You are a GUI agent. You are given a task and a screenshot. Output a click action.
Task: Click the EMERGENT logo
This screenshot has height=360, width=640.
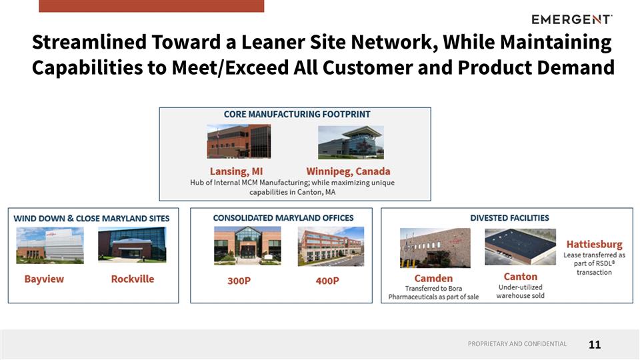[x=572, y=19]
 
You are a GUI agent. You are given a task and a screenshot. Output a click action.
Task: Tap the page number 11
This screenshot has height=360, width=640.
[x=595, y=345]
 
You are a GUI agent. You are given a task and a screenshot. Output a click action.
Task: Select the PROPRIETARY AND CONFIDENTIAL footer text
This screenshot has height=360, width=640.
[x=517, y=344]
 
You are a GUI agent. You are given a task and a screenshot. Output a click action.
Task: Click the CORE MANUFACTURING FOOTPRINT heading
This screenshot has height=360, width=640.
[x=297, y=115]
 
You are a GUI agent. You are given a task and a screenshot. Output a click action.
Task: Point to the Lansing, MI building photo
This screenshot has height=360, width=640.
[x=239, y=142]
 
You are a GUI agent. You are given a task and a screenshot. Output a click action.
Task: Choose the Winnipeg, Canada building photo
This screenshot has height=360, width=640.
[x=350, y=142]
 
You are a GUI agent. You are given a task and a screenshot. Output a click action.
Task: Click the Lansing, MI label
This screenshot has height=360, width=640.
[x=236, y=171]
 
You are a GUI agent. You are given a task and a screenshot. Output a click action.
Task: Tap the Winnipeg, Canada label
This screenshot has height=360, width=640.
[x=348, y=171]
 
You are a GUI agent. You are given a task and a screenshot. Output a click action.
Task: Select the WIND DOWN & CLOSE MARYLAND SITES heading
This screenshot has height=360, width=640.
[x=91, y=219]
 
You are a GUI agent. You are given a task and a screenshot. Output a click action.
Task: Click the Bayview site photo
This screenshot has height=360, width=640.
[x=50, y=245]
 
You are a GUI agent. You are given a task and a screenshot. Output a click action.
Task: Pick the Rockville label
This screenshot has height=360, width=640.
[x=132, y=279]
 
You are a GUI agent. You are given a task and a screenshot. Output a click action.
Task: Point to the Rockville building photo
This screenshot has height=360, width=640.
[x=132, y=245]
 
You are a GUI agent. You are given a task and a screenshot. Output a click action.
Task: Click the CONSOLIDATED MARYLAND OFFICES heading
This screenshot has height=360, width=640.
[x=283, y=218]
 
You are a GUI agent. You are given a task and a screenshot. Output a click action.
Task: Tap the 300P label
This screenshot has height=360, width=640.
[x=239, y=281]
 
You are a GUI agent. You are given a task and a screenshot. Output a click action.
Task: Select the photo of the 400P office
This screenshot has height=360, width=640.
[x=331, y=247]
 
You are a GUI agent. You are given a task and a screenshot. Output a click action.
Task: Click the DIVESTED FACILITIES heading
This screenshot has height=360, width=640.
[x=509, y=218]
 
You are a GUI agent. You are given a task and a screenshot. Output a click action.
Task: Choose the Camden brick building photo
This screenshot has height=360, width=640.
[x=434, y=248]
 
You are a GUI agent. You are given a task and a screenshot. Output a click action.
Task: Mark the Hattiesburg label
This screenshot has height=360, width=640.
[x=594, y=244]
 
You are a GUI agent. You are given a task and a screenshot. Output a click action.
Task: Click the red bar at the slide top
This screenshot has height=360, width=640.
[x=151, y=6]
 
